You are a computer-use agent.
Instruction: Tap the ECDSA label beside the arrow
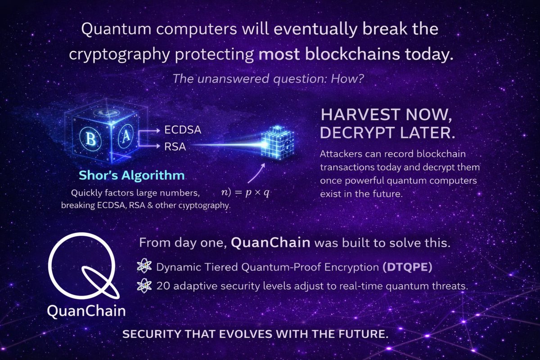(x=182, y=130)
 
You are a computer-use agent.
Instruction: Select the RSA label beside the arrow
(x=175, y=146)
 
